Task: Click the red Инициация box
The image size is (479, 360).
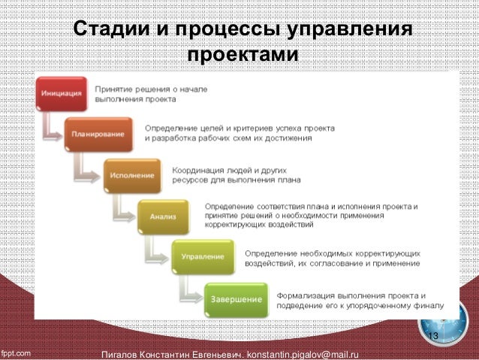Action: tap(63, 94)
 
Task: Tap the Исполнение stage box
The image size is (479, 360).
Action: tap(131, 174)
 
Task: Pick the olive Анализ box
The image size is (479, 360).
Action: tap(163, 216)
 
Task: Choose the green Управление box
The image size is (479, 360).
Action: tap(201, 257)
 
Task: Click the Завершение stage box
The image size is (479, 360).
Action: tap(235, 298)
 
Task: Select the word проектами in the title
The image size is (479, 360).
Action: tap(242, 56)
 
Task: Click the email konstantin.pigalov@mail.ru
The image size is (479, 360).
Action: tap(298, 353)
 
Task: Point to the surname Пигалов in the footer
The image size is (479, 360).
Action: tap(128, 353)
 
